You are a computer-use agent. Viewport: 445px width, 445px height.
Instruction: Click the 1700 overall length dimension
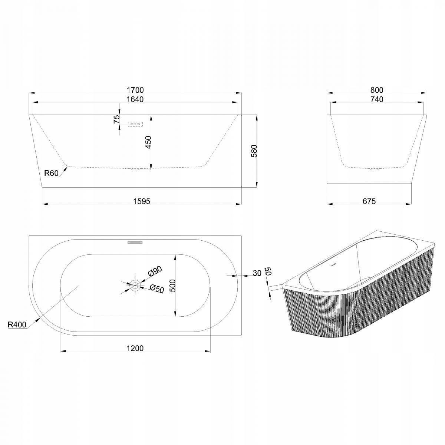pos(135,90)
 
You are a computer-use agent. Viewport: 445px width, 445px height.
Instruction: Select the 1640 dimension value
pos(135,99)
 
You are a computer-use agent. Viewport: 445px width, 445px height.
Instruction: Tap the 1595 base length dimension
pos(142,201)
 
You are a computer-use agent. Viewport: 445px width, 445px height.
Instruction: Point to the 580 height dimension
pos(254,151)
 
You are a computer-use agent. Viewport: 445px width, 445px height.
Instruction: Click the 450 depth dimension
pos(148,142)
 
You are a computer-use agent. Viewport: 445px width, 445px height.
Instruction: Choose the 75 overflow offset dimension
pos(116,119)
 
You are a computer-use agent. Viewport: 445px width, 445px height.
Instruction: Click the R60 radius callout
pos(51,173)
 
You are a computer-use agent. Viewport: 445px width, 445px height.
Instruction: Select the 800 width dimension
pos(377,90)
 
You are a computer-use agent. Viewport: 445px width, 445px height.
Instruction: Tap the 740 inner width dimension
pos(377,99)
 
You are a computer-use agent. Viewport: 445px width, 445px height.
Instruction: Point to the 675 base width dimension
pos(369,201)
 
